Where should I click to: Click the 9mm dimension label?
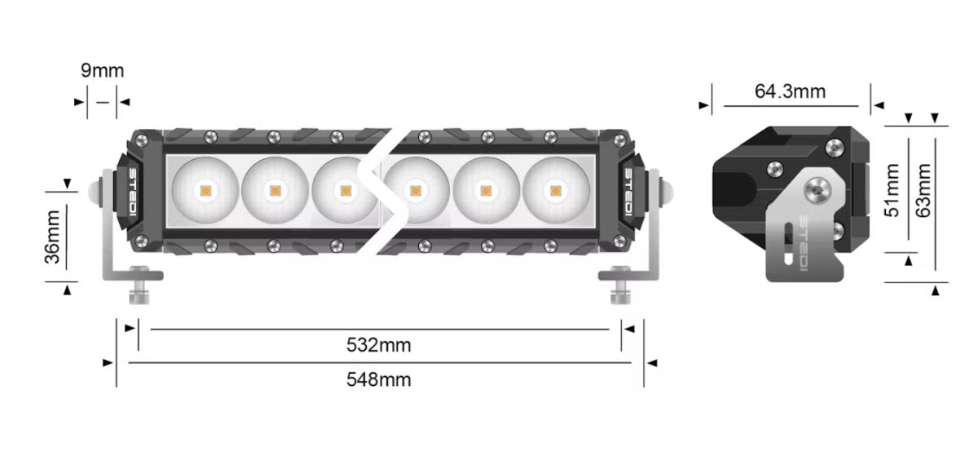coord(102,70)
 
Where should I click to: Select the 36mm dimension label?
coord(53,237)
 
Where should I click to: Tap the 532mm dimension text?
coord(378,345)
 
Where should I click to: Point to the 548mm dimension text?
coord(378,379)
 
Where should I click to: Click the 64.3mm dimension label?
coord(790,91)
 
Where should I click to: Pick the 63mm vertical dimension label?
coord(923,190)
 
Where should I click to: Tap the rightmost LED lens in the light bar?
coord(556,191)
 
